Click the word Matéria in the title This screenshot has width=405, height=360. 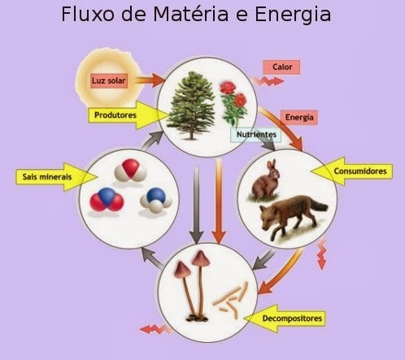[191, 14]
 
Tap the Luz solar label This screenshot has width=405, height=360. [109, 80]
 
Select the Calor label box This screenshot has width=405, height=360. [281, 67]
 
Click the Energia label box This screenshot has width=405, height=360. [299, 117]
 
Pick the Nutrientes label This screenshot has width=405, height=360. [256, 135]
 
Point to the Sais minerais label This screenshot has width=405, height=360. [56, 177]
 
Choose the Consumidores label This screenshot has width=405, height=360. [352, 171]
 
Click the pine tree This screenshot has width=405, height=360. [192, 106]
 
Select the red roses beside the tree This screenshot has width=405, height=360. [234, 102]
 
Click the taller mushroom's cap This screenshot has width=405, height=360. [201, 258]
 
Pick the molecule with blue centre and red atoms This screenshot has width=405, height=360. [107, 199]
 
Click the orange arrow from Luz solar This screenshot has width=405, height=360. [150, 80]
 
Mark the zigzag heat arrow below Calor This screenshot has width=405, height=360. [268, 81]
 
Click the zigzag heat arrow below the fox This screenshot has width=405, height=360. [322, 254]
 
